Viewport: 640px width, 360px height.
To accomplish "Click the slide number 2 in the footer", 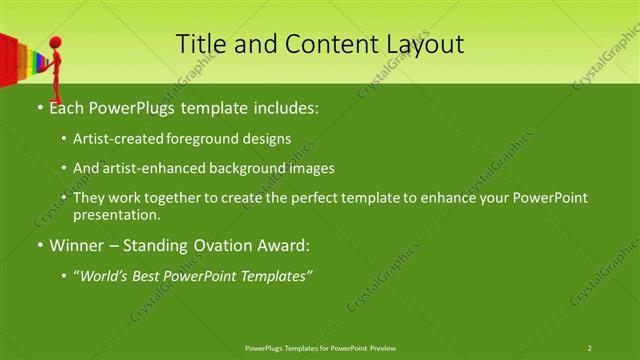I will (x=589, y=348).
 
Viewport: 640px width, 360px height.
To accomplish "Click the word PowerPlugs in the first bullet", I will (x=126, y=107).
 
